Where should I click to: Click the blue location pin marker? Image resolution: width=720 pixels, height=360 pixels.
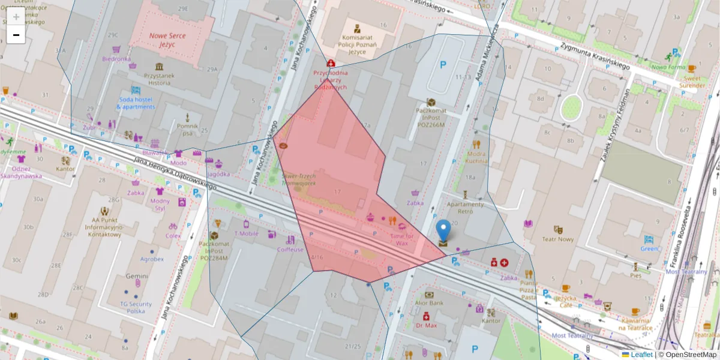443,232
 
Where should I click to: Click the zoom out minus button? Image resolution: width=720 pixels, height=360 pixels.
16,35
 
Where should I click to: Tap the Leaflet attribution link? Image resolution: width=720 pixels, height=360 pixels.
641,355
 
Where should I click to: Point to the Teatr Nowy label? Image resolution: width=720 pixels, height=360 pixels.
558,239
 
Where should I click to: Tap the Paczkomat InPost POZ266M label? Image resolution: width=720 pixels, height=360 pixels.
430,118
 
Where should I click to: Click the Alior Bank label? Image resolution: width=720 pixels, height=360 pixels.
429,303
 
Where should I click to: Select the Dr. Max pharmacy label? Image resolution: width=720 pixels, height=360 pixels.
426,326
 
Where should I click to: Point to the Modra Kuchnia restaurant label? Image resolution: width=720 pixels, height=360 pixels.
476,157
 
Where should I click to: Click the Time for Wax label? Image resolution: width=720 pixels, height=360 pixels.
402,240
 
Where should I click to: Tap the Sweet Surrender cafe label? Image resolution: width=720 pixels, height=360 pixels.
692,81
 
